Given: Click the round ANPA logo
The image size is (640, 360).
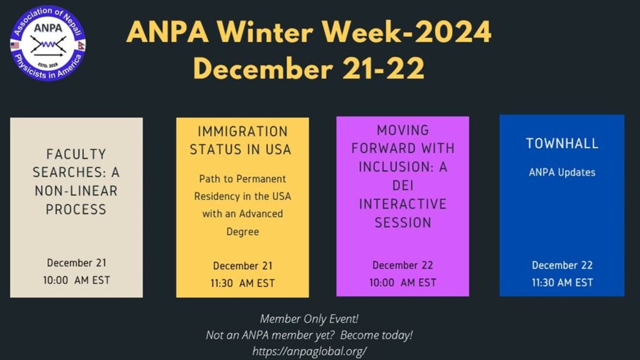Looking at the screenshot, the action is (x=47, y=43).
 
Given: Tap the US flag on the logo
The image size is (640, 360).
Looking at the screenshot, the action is (x=15, y=45).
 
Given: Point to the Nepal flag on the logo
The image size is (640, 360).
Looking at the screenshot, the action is (x=81, y=45).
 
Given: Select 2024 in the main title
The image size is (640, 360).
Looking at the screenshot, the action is (x=454, y=32).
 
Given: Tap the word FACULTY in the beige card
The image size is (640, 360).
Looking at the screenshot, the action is (x=76, y=154).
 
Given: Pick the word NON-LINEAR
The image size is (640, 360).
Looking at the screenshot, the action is (x=76, y=191).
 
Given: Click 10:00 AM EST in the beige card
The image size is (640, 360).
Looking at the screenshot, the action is (x=76, y=280).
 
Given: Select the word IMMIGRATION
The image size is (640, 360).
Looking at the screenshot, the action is (x=242, y=131).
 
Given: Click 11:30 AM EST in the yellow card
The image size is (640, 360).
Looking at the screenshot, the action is (x=242, y=283).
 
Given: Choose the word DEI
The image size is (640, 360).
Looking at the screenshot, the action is (x=403, y=186).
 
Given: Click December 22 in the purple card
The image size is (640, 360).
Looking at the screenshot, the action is (x=402, y=265).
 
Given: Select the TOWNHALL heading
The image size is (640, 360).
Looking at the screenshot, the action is (x=562, y=143).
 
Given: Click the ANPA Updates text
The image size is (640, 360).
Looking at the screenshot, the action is (x=562, y=172).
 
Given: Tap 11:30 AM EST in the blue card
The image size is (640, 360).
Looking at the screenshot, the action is (x=562, y=282).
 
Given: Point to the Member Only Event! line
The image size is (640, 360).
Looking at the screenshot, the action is (x=309, y=319).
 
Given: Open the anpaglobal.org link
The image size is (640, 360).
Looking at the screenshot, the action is (x=309, y=351).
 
